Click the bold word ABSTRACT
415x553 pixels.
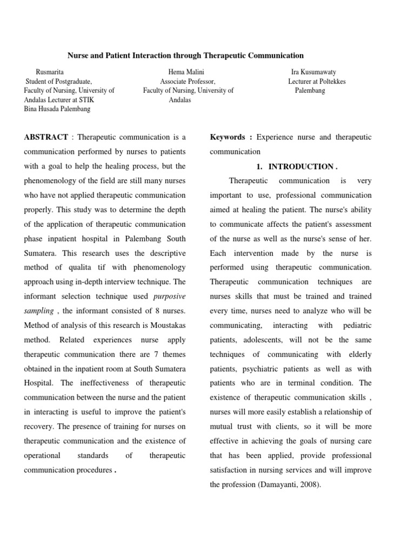46,137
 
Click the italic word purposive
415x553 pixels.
170,295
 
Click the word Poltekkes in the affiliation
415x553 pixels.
332,82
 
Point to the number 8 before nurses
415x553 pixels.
146,310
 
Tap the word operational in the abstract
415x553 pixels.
42,455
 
